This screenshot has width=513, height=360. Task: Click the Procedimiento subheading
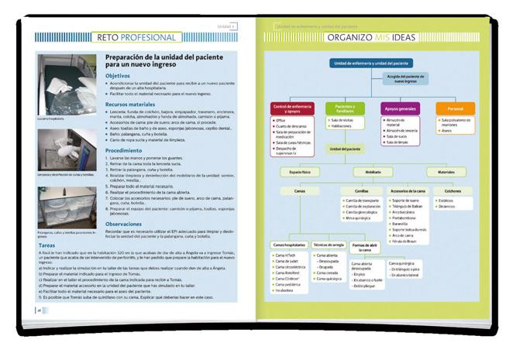124,150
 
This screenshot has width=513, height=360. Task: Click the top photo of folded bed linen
67,88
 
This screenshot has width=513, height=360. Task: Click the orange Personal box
456,107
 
